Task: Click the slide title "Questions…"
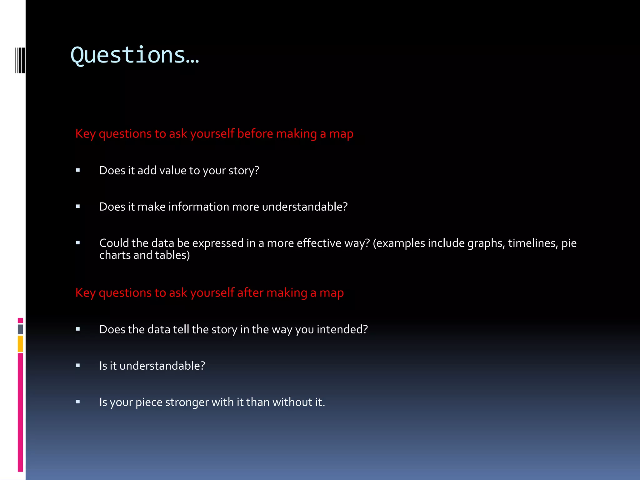click(x=135, y=55)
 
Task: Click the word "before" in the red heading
click(x=255, y=134)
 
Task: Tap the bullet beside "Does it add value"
click(x=78, y=170)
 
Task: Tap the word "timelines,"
click(x=533, y=243)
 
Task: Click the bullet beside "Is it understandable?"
click(x=78, y=365)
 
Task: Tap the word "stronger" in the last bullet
click(x=187, y=402)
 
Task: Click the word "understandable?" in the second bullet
click(x=305, y=207)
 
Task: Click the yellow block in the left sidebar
click(x=20, y=343)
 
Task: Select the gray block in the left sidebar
click(x=20, y=329)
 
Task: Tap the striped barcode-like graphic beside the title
click(x=20, y=60)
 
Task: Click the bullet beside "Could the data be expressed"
click(x=78, y=243)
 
